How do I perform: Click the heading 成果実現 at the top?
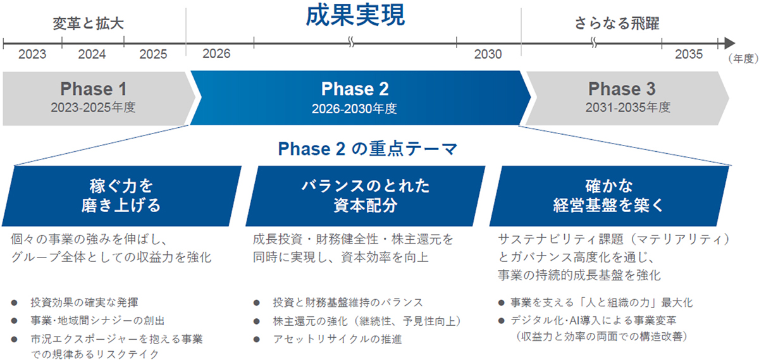354,16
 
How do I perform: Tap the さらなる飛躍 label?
617,24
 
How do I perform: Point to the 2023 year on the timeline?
32,54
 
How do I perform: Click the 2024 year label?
92,54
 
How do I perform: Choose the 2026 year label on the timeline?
217,54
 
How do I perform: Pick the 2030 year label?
488,54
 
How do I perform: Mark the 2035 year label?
688,54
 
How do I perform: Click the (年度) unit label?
742,59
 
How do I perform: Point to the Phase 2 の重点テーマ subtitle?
367,149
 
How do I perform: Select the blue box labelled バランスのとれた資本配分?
365,196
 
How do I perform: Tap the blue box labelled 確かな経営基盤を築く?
609,196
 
